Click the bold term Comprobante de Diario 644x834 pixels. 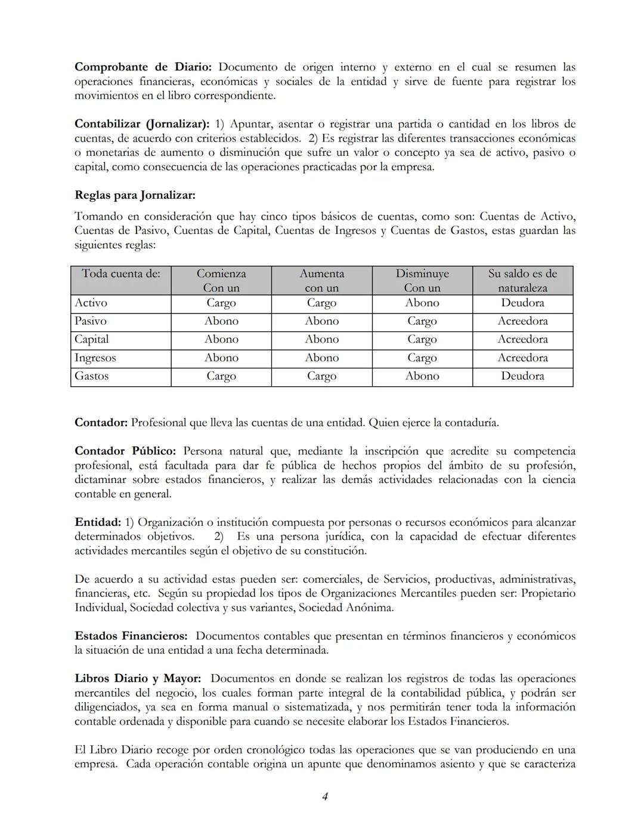pyautogui.click(x=143, y=67)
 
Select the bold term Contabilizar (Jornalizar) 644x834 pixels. pyautogui.click(x=142, y=124)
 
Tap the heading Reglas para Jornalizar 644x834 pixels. pyautogui.click(x=135, y=195)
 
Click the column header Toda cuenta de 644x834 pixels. pyautogui.click(x=121, y=274)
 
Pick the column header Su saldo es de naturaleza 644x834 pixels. pyautogui.click(x=522, y=281)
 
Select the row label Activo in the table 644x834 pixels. pyautogui.click(x=91, y=303)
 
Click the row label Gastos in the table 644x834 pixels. pyautogui.click(x=92, y=376)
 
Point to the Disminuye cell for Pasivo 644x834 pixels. pyautogui.click(x=422, y=321)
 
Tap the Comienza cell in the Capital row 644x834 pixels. pyautogui.click(x=221, y=339)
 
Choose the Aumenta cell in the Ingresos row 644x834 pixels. pyautogui.click(x=321, y=358)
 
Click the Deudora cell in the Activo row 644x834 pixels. pyautogui.click(x=522, y=303)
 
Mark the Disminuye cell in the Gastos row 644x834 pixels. pyautogui.click(x=422, y=376)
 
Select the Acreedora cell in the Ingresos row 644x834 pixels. pyautogui.click(x=522, y=358)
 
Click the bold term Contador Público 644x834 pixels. pyautogui.click(x=125, y=451)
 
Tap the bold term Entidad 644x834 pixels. pyautogui.click(x=97, y=522)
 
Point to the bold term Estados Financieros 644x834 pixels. pyautogui.click(x=131, y=636)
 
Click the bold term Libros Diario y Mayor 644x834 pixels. pyautogui.click(x=138, y=678)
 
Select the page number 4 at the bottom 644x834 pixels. pyautogui.click(x=325, y=796)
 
